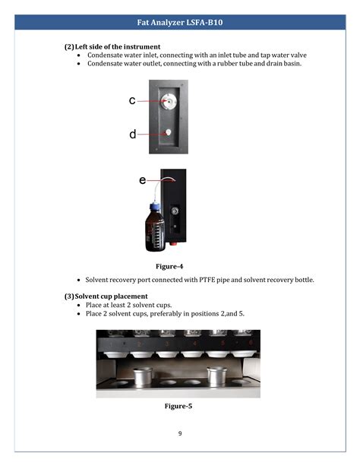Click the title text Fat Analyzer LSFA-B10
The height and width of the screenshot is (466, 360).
[x=179, y=23]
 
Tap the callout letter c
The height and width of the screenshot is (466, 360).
[x=132, y=100]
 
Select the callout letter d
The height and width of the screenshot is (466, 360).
[x=132, y=134]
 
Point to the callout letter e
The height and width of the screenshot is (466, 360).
[x=142, y=180]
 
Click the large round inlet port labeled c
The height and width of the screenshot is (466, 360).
[x=170, y=100]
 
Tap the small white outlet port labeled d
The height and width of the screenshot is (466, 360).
[x=169, y=132]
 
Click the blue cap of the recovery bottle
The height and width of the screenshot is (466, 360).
[x=154, y=206]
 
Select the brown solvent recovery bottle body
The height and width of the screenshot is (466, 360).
[x=154, y=231]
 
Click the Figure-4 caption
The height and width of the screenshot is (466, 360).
[x=169, y=266]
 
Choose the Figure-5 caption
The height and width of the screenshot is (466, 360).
[x=178, y=407]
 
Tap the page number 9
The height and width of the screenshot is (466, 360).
[x=180, y=433]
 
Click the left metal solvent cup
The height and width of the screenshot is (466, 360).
[x=142, y=376]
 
